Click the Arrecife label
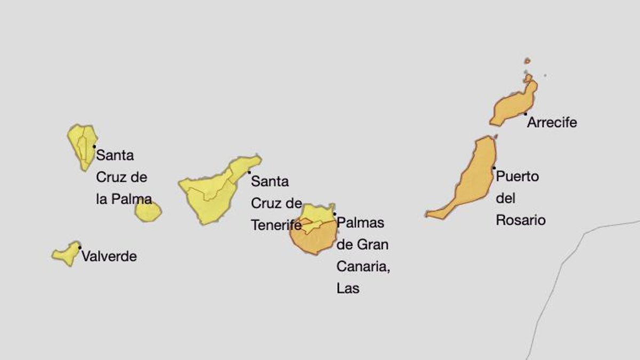coord(552,123)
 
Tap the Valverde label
coord(109,257)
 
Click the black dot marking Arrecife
coord(525,114)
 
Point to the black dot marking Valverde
coord(80,247)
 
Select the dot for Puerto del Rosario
coord(494,168)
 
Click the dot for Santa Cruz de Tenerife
coord(249,172)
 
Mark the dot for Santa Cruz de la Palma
coord(94,146)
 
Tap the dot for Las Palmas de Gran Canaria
coord(335,214)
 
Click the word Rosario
coord(521,220)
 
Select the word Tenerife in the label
coord(276,226)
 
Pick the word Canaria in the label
coord(363,267)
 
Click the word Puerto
coord(517,177)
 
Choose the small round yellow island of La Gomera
coord(148,211)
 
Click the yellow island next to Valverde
coord(66,254)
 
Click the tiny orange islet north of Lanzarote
coord(527,61)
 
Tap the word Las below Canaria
coord(348,289)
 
